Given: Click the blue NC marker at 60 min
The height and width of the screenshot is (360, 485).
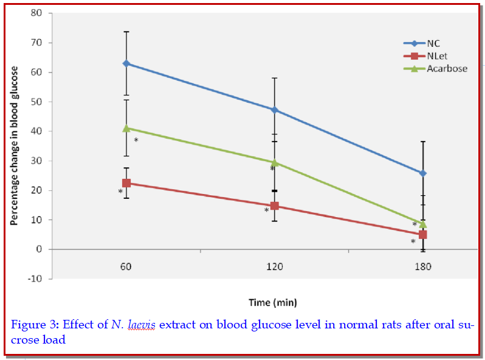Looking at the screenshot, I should click(x=126, y=63).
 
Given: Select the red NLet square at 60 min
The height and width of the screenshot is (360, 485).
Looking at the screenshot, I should click(x=126, y=183).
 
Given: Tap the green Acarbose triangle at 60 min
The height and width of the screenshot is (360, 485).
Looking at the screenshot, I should click(x=126, y=128).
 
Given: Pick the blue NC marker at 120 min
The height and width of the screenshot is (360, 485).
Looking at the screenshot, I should click(x=275, y=110).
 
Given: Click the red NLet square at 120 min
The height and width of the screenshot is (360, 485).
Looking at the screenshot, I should click(x=275, y=206).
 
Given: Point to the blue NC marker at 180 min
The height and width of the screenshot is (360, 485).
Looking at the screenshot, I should click(x=423, y=173).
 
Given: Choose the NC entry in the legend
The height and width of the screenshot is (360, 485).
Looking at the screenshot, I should click(x=433, y=43).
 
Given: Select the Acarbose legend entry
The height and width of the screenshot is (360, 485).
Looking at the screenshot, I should click(x=446, y=69).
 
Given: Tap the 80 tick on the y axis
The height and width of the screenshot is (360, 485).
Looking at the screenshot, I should click(x=37, y=13).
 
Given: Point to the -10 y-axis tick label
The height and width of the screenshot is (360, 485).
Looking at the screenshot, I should click(x=35, y=279).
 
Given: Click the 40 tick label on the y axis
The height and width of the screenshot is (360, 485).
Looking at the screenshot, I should click(x=37, y=131).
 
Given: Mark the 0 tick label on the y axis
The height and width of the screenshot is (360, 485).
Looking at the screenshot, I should click(x=40, y=249).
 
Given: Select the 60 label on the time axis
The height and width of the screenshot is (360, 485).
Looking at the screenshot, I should click(x=126, y=266).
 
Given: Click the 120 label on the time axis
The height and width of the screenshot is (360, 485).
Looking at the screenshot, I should click(x=275, y=266).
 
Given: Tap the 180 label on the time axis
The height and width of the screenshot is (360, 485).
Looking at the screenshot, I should click(x=423, y=266).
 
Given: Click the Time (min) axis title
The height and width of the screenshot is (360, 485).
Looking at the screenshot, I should click(x=273, y=302).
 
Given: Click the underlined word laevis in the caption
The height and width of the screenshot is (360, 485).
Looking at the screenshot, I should click(x=142, y=325).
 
